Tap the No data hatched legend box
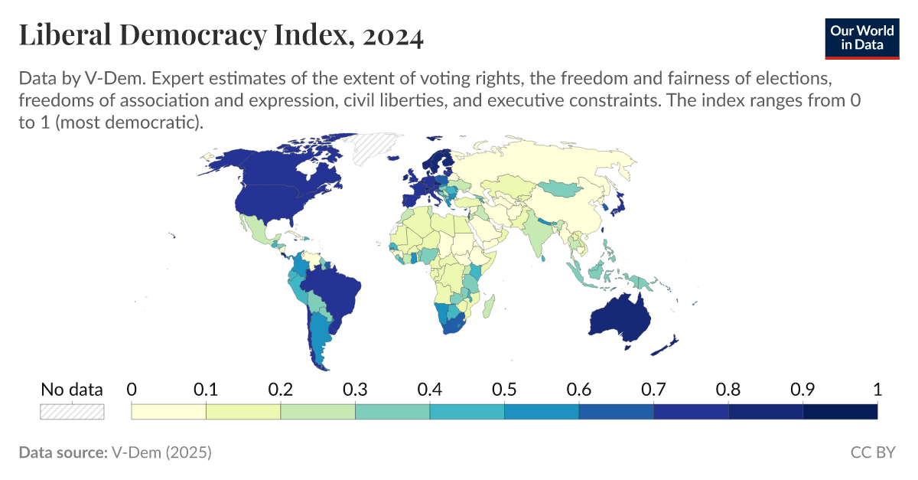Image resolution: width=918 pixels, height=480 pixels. (72, 411)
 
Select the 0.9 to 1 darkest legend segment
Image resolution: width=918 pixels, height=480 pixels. (839, 411)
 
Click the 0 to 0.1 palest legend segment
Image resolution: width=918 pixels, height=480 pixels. (169, 411)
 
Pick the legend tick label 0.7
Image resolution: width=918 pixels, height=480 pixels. (653, 389)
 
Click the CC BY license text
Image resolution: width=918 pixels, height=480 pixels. (872, 452)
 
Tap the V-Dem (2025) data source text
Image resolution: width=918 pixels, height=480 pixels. (161, 452)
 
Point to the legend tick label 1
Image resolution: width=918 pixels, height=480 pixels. (877, 389)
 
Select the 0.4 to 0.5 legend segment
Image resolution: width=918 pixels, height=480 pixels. (467, 411)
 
